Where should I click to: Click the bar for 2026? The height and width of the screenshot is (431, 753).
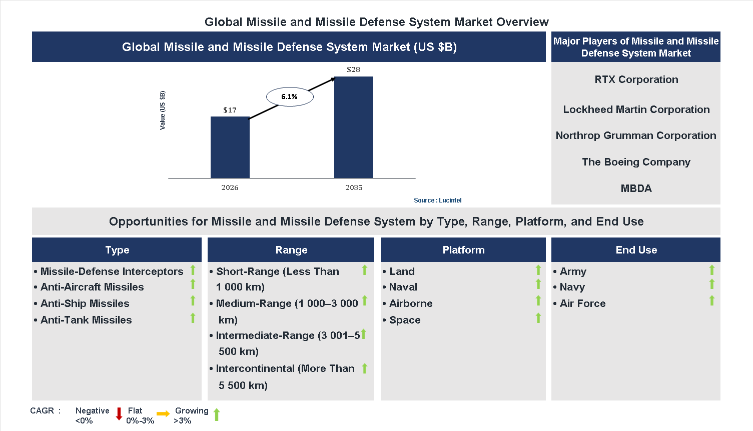point(230,147)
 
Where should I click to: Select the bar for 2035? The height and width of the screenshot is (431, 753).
point(353,127)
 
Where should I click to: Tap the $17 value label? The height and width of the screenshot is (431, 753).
point(230,110)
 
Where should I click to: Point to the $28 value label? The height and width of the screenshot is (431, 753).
point(353,69)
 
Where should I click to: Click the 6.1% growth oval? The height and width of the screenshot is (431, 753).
point(289,96)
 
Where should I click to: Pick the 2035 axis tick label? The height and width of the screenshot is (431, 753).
point(354,187)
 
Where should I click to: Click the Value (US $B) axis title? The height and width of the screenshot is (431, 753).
point(162,110)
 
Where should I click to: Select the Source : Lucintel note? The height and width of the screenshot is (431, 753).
point(437,200)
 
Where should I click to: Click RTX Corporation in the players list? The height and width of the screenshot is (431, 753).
point(636,79)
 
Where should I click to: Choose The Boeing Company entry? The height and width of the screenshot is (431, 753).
point(636,162)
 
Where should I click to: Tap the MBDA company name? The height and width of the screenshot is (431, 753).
point(636,188)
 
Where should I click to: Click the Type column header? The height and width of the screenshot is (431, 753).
point(117,250)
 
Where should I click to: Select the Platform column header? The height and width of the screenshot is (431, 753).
point(463,250)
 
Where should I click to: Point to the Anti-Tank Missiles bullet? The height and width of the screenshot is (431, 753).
point(86,320)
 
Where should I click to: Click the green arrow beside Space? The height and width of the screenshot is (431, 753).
point(538,318)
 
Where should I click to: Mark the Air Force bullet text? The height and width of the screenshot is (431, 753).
point(582,303)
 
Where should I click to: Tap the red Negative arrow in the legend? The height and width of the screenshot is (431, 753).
point(119,414)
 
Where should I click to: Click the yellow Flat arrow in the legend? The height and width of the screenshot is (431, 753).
point(163,413)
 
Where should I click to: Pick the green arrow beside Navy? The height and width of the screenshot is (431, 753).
point(712,284)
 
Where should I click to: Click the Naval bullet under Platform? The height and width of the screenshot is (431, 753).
point(403,287)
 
